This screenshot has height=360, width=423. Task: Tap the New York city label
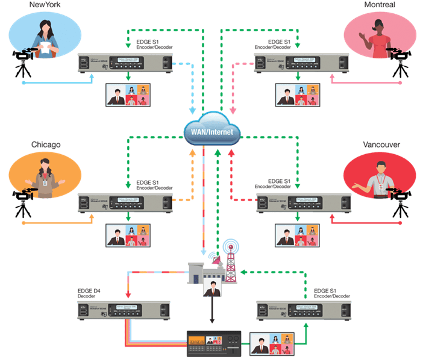coord(46,5)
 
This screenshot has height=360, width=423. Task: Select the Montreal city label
coord(380,5)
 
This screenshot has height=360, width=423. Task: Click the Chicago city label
coord(46,145)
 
